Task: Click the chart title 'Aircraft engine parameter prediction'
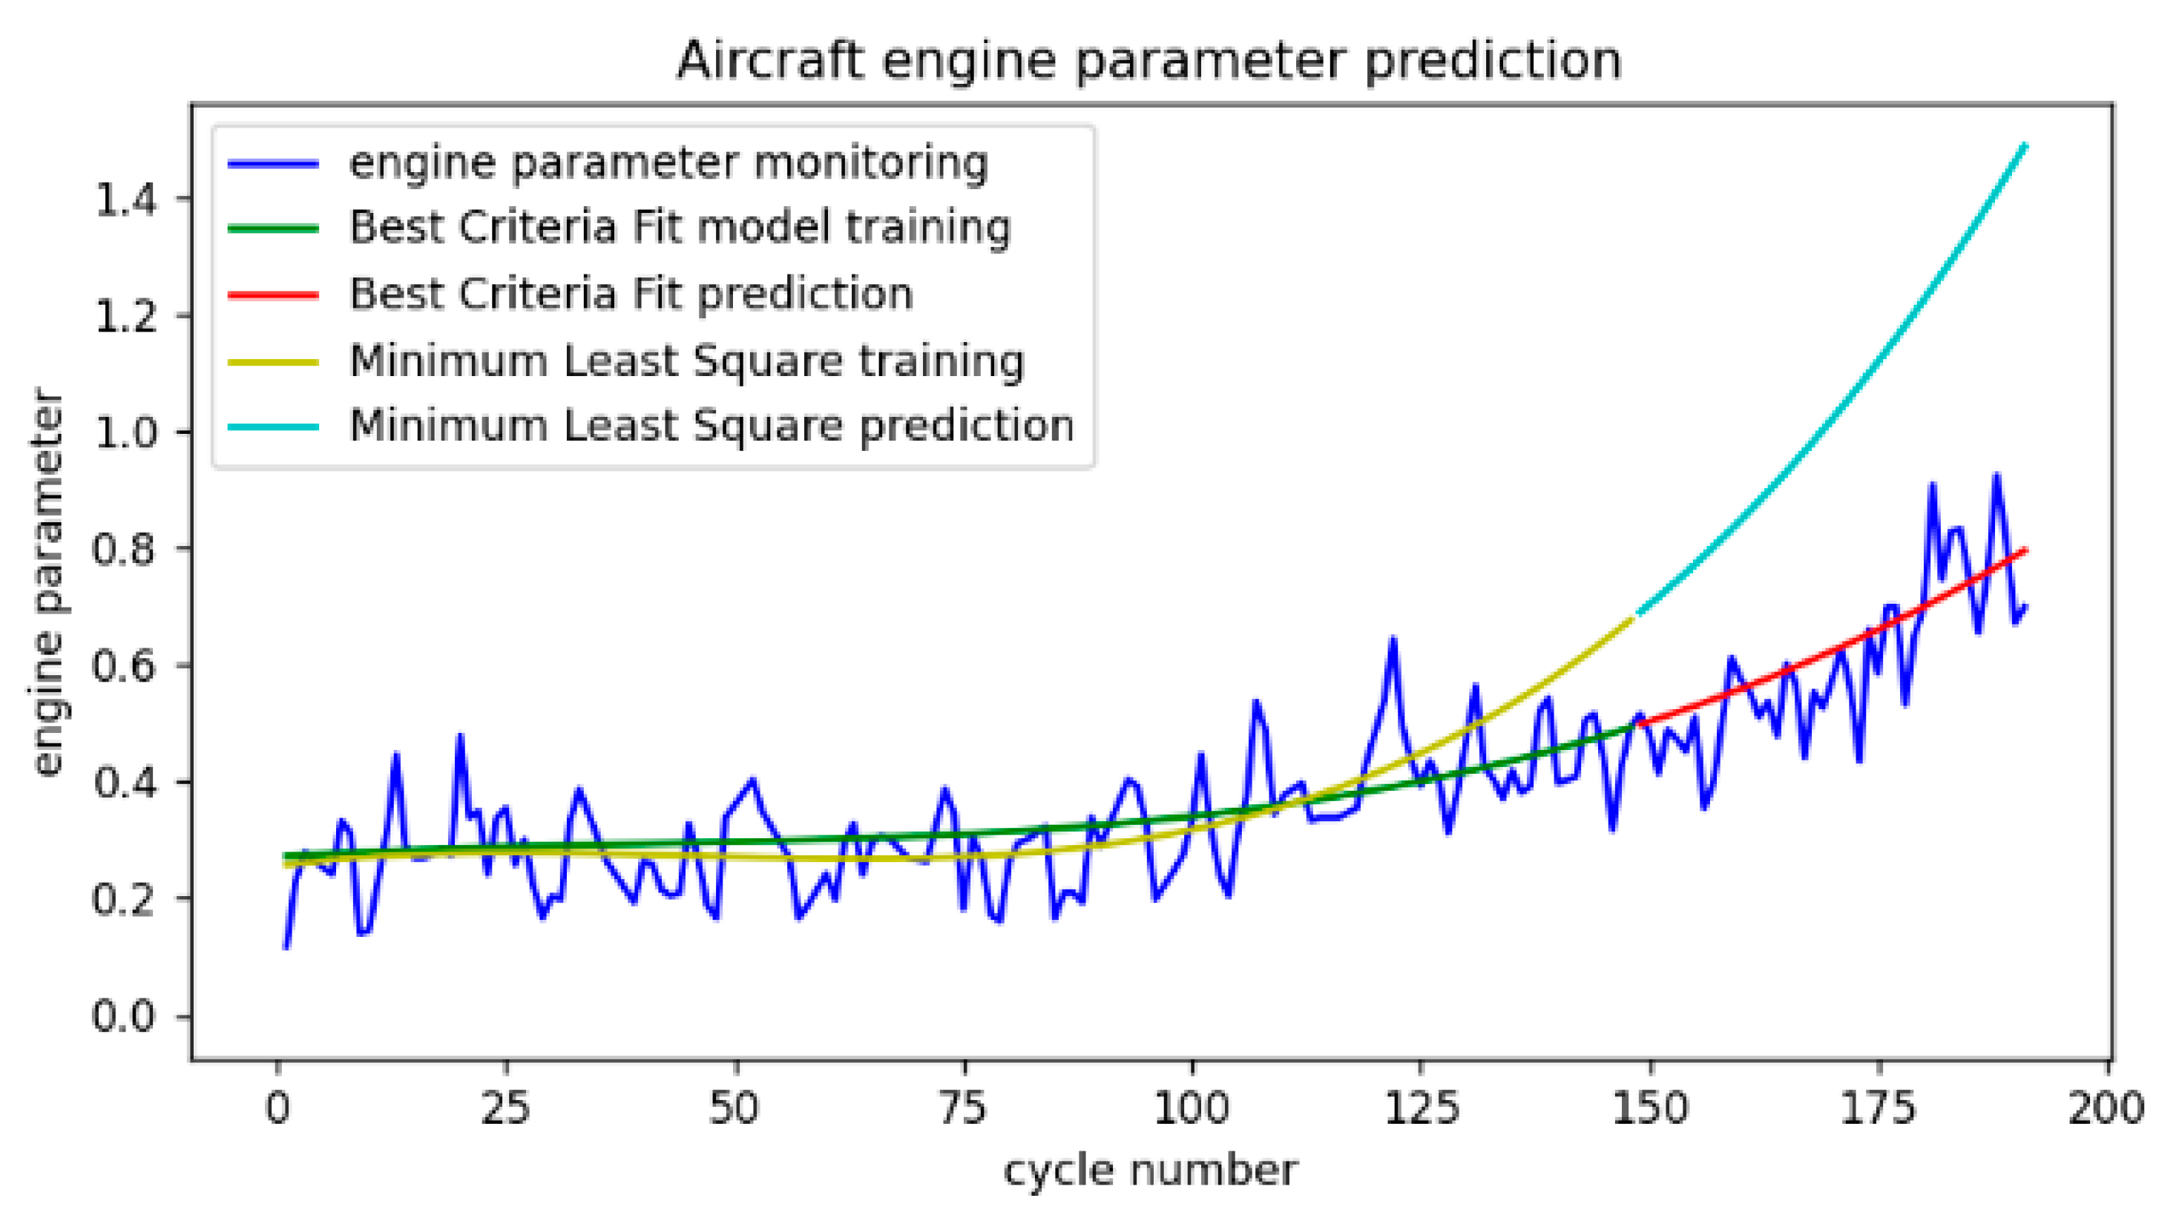pyautogui.click(x=1148, y=61)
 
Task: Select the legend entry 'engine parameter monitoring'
pyautogui.click(x=668, y=162)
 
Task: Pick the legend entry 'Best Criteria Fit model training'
pyautogui.click(x=680, y=228)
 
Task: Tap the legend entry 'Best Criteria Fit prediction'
pyautogui.click(x=631, y=294)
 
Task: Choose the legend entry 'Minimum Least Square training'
pyautogui.click(x=687, y=361)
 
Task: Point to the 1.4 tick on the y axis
pyautogui.click(x=125, y=200)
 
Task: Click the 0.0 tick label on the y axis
pyautogui.click(x=125, y=1016)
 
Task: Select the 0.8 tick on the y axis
pyautogui.click(x=125, y=550)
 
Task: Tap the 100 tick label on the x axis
pyautogui.click(x=1192, y=1107)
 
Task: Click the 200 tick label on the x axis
pyautogui.click(x=2106, y=1107)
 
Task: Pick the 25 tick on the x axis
pyautogui.click(x=506, y=1107)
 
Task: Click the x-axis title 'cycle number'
pyautogui.click(x=1149, y=1171)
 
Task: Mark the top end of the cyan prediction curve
pyautogui.click(x=2026, y=145)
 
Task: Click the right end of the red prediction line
pyautogui.click(x=2026, y=550)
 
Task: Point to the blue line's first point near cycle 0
pyautogui.click(x=286, y=948)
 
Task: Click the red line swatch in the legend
pyautogui.click(x=273, y=294)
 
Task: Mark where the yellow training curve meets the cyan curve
pyautogui.click(x=1634, y=617)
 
